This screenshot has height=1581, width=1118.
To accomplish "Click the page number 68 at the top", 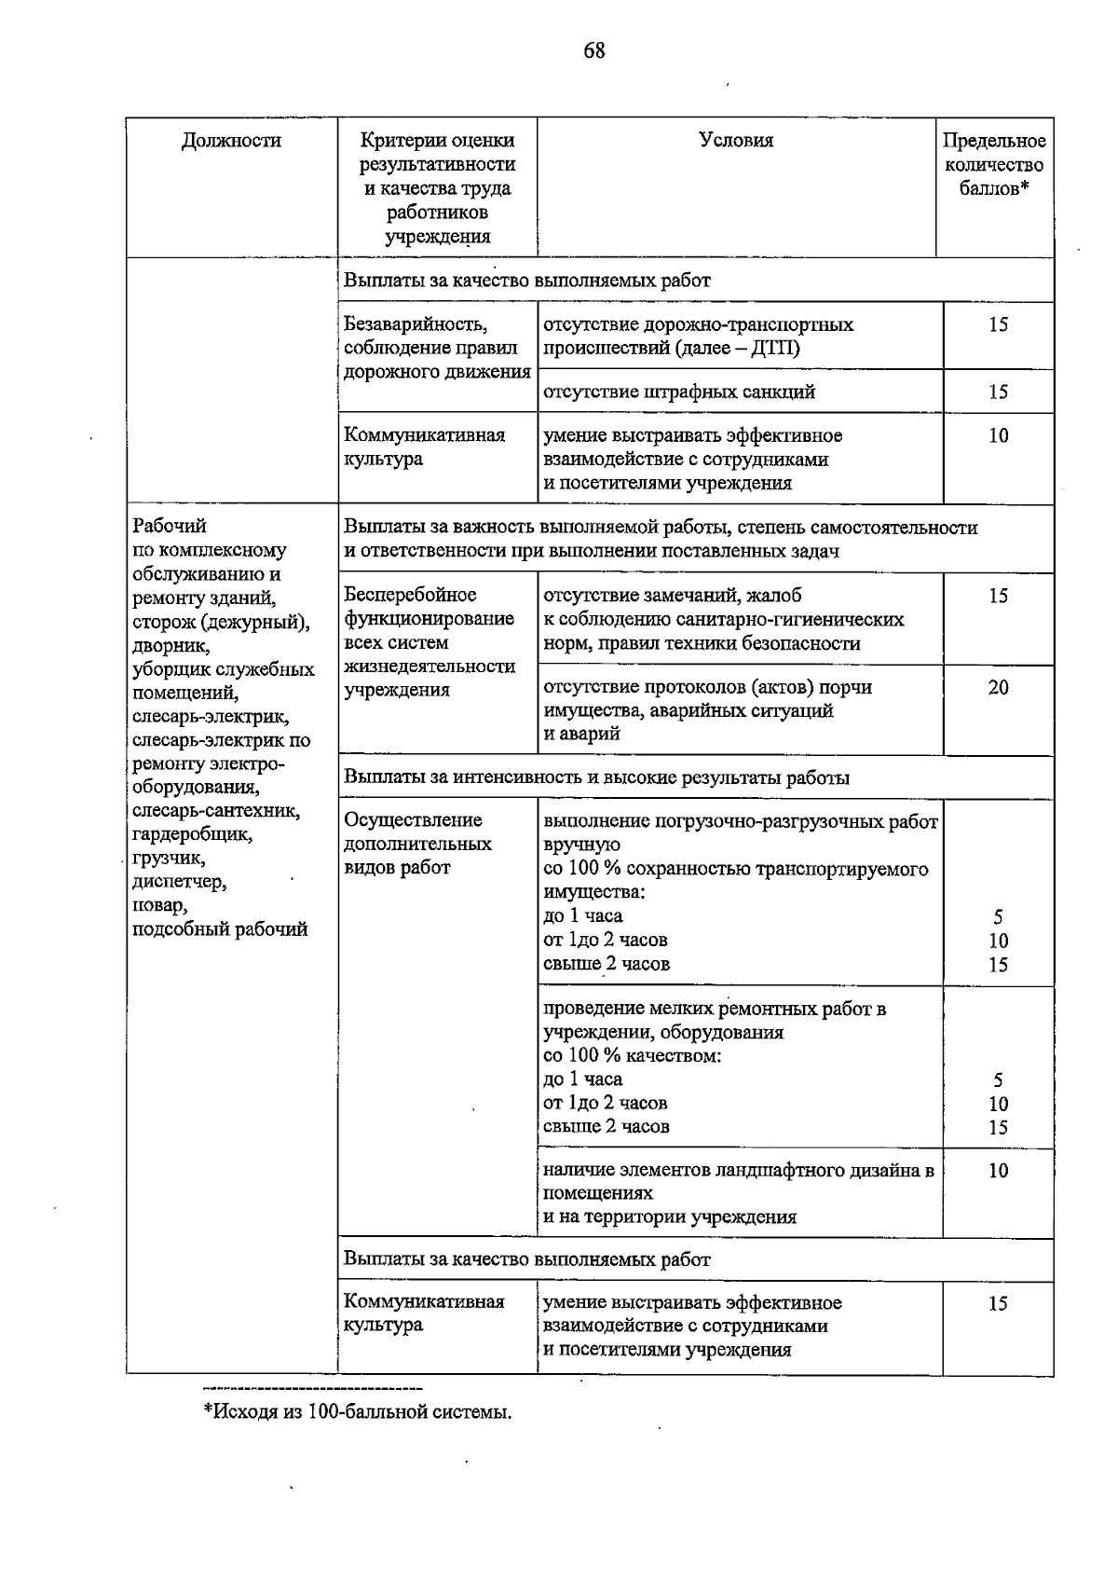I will pyautogui.click(x=594, y=50).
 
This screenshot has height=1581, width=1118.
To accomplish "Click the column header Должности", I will pyautogui.click(x=231, y=141).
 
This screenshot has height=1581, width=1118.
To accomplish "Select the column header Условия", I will pyautogui.click(x=736, y=141).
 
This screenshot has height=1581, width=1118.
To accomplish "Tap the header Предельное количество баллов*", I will pyautogui.click(x=994, y=165).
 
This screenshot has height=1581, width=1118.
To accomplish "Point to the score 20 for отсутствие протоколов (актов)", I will pyautogui.click(x=998, y=688).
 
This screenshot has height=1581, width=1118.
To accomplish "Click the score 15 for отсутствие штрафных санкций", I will pyautogui.click(x=998, y=392).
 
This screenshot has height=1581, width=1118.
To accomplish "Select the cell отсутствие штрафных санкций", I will pyautogui.click(x=679, y=392).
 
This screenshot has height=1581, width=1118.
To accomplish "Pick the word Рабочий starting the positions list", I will pyautogui.click(x=170, y=527).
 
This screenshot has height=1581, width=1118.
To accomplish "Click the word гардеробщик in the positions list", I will pyautogui.click(x=192, y=834).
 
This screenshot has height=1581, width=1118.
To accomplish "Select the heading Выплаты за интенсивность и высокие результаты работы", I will pyautogui.click(x=596, y=777).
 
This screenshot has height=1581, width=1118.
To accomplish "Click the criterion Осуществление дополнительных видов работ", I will pyautogui.click(x=419, y=844).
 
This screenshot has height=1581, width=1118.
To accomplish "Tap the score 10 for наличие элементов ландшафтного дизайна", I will pyautogui.click(x=998, y=1171).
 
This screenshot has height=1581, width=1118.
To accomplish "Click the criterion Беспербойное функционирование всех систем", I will pyautogui.click(x=429, y=642).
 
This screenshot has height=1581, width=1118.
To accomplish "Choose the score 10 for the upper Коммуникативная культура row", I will pyautogui.click(x=998, y=436).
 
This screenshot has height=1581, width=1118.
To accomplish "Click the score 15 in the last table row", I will pyautogui.click(x=998, y=1304).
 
